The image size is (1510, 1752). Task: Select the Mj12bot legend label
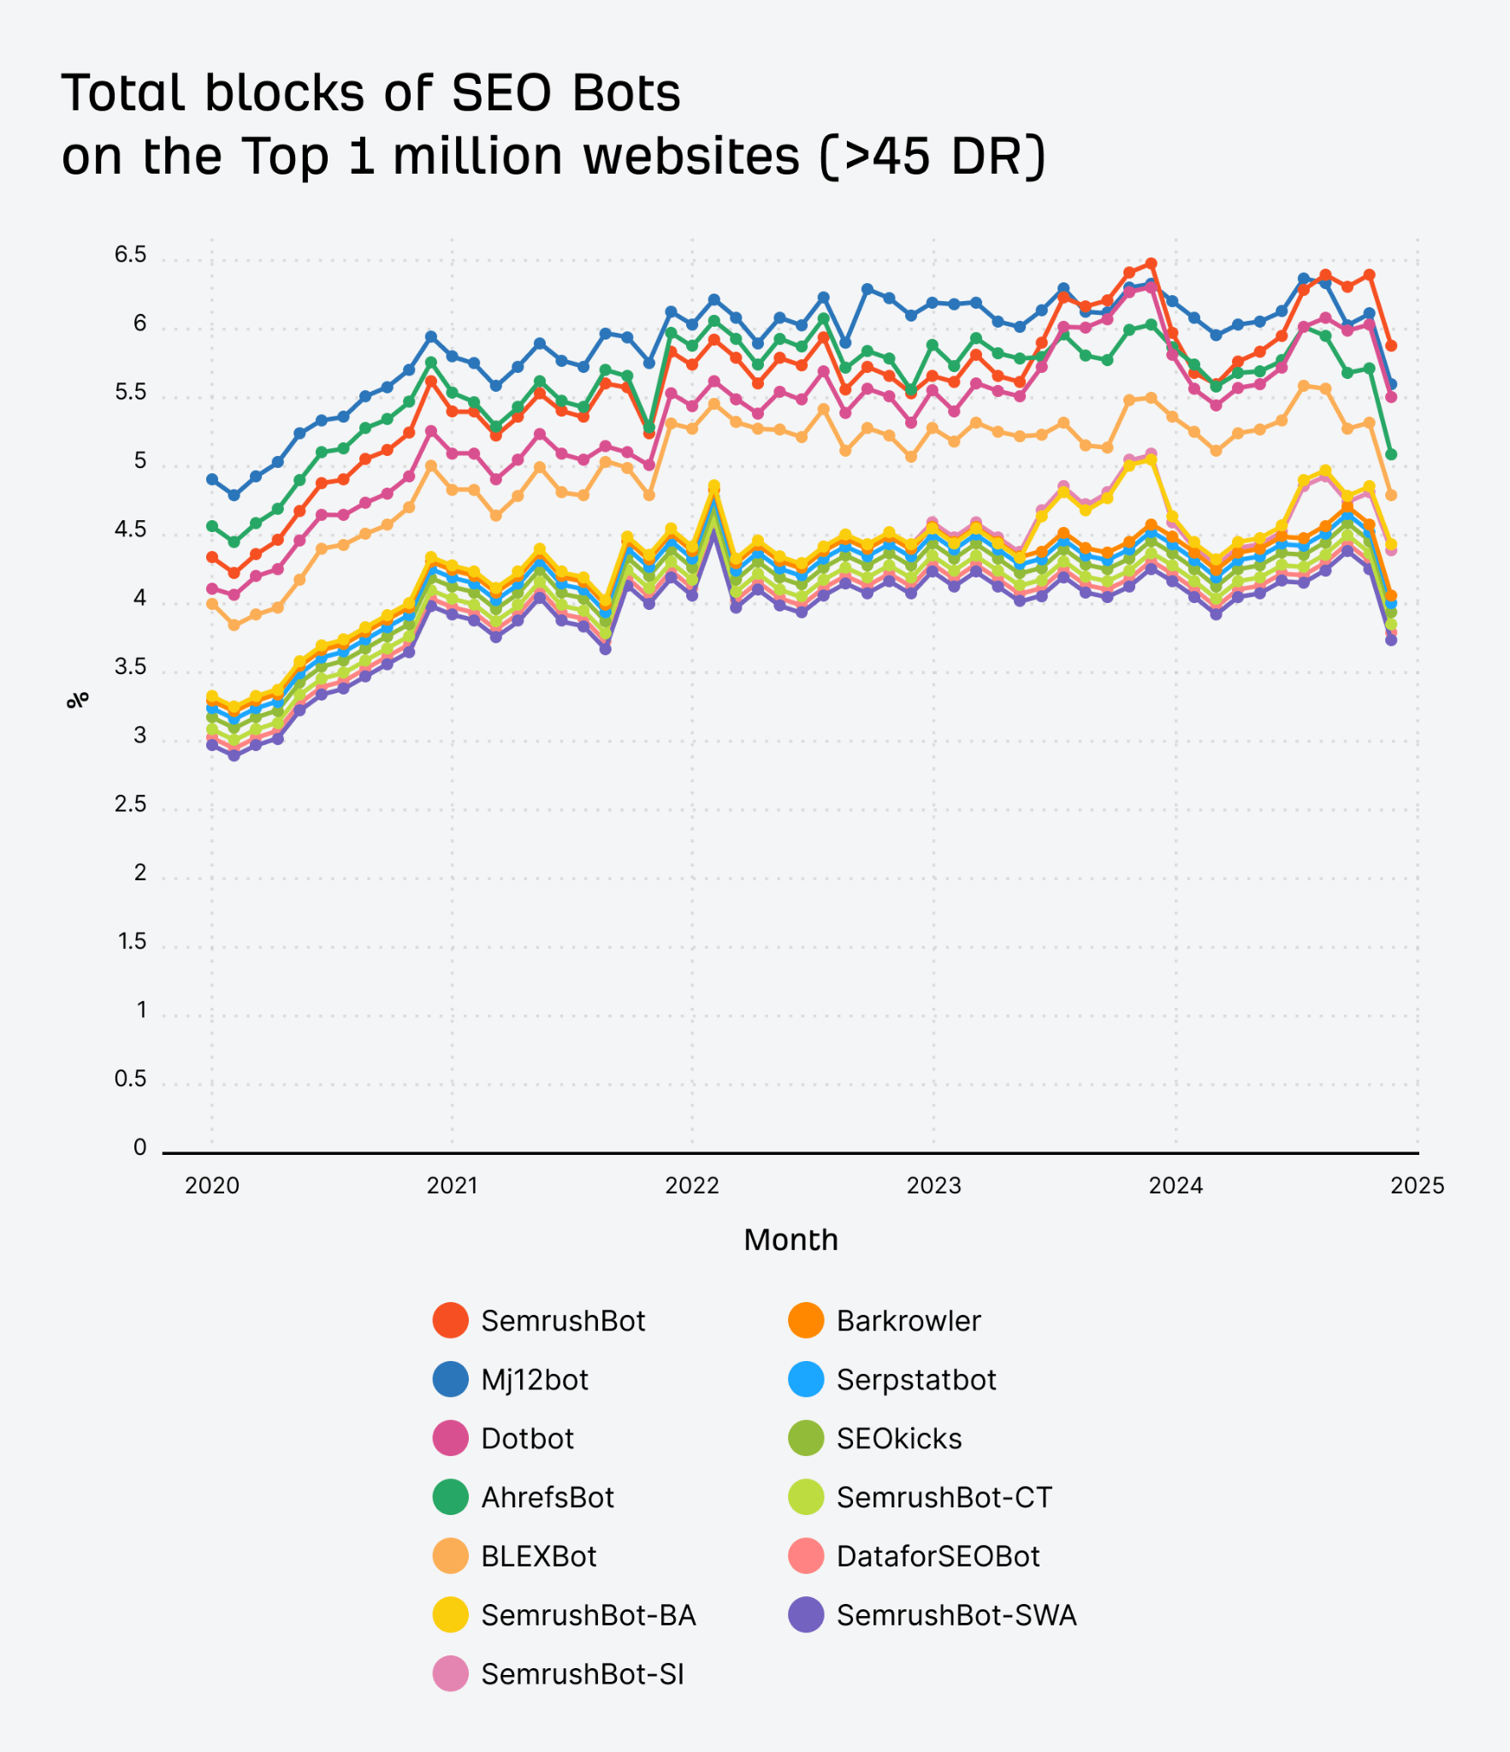pyautogui.click(x=535, y=1379)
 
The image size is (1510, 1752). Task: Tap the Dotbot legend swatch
pyautogui.click(x=450, y=1438)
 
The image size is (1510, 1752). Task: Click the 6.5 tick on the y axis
pyautogui.click(x=130, y=255)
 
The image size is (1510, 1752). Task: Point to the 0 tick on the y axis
pyautogui.click(x=139, y=1147)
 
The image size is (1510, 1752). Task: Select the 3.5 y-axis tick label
pyautogui.click(x=130, y=666)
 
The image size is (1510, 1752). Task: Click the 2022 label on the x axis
pyautogui.click(x=692, y=1186)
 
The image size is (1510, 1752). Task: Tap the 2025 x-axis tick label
pyautogui.click(x=1417, y=1186)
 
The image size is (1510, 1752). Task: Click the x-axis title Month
pyautogui.click(x=791, y=1240)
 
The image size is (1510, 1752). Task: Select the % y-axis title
pyautogui.click(x=77, y=700)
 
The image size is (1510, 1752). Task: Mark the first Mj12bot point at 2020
pyautogui.click(x=212, y=479)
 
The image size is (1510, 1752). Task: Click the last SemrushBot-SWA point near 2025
pyautogui.click(x=1391, y=639)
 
